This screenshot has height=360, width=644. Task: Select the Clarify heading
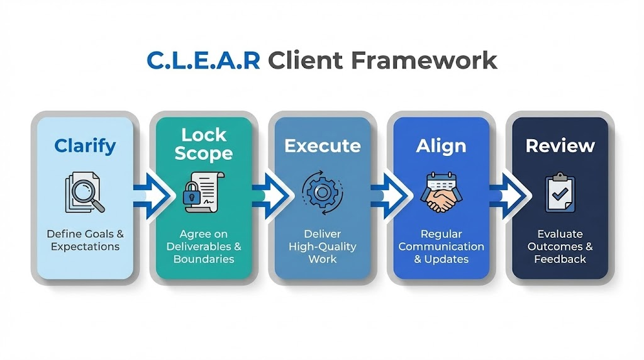(x=85, y=146)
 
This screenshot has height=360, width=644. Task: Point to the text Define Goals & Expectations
(x=85, y=240)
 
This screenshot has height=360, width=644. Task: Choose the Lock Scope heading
(x=203, y=144)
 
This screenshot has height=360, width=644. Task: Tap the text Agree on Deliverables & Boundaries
(x=203, y=246)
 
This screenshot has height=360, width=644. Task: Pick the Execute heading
(x=322, y=146)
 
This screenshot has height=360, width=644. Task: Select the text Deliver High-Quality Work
(x=322, y=246)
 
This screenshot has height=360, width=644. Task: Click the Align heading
(x=441, y=146)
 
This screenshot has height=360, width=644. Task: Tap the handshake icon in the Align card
(x=441, y=200)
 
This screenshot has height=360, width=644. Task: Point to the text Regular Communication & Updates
(x=441, y=246)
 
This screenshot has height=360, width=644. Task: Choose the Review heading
(x=560, y=146)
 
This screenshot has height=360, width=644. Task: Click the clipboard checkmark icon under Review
(x=560, y=193)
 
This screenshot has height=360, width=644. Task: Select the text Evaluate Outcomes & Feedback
(x=560, y=246)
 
